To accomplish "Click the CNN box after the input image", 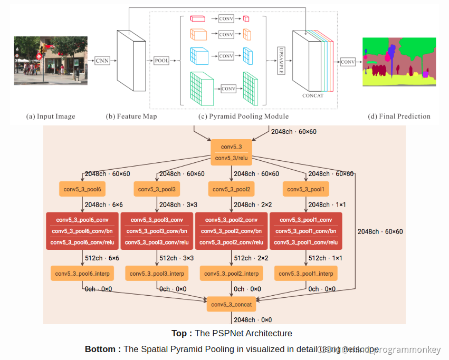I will point(102,61).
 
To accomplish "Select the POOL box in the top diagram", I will point(162,61).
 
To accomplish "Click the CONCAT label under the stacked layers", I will point(313,95).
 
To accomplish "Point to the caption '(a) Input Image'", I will point(51,116).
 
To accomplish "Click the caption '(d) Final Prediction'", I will point(399,116).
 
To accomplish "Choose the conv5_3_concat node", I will point(231,305).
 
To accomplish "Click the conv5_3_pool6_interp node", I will point(82,274).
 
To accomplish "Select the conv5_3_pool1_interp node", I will point(306,274).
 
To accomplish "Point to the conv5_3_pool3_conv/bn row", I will point(157,231).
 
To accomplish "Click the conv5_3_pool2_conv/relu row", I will point(231,242).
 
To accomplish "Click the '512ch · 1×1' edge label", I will point(325,258).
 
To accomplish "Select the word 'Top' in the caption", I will point(179,333).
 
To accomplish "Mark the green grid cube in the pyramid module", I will point(200,84).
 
